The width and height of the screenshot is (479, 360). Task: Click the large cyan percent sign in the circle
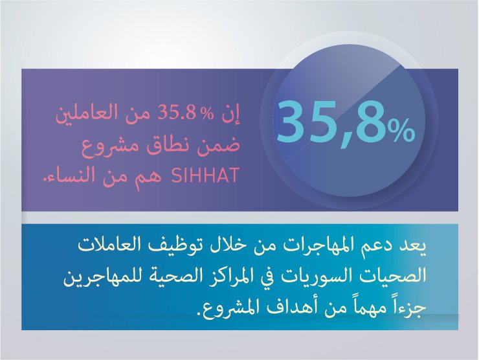[x=401, y=131]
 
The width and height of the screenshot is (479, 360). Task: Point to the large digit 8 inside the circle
[x=371, y=122]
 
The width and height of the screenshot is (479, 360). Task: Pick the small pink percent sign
[x=208, y=115]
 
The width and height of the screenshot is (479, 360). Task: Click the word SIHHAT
[x=205, y=175]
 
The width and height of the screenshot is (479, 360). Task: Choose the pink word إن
[x=233, y=115]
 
